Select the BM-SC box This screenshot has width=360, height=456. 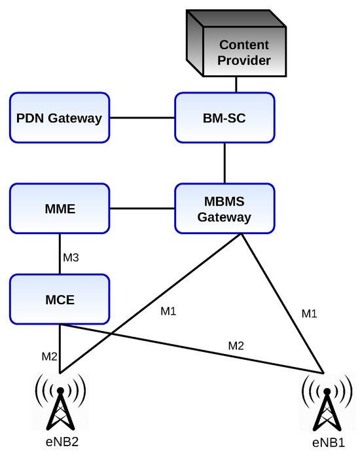tap(225, 118)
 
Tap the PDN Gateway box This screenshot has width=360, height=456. tap(59, 118)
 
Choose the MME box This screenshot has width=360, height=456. tap(59, 209)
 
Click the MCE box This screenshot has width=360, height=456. tap(59, 300)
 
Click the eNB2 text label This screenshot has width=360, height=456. tap(60, 441)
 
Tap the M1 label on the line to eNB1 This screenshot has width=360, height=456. tap(309, 314)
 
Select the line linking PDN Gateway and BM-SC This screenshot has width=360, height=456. tap(141, 118)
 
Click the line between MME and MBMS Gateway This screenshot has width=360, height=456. tap(141, 209)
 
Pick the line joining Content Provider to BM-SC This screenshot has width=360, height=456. tap(236, 85)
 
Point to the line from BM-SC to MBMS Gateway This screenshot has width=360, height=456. tap(225, 164)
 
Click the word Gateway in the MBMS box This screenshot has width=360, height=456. tap(225, 218)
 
